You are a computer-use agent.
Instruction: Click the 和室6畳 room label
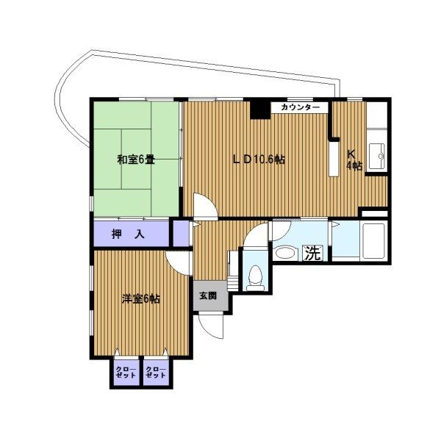(x=136, y=160)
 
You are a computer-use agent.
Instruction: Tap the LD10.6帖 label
(x=259, y=159)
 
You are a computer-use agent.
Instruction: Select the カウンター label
(x=301, y=107)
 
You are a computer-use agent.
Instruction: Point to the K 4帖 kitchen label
(x=354, y=160)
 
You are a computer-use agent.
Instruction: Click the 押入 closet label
(x=128, y=234)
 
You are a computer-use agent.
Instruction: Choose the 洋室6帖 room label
(x=141, y=298)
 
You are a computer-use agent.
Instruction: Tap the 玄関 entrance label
(x=208, y=296)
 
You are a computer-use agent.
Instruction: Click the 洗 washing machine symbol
(x=313, y=253)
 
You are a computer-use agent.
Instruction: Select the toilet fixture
(x=256, y=278)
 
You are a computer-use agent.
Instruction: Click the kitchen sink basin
(x=377, y=155)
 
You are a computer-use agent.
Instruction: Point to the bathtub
(x=374, y=241)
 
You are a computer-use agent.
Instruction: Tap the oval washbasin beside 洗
(x=286, y=252)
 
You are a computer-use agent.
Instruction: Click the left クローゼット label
(x=126, y=372)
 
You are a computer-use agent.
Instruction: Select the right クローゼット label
(x=156, y=372)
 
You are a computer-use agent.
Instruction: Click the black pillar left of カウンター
(x=260, y=109)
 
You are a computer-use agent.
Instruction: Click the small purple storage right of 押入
(x=181, y=233)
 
